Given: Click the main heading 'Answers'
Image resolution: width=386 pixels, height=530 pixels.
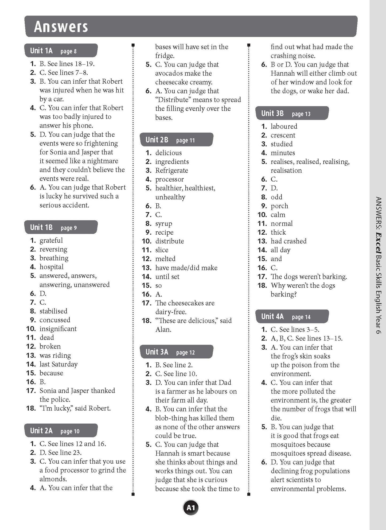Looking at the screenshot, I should pos(61,27).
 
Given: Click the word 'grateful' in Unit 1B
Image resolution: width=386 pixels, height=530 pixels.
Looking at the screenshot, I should pos(51,240).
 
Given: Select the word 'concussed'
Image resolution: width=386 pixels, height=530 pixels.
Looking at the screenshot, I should pos(55,320).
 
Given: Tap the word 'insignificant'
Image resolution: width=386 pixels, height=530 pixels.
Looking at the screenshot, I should pos(58,328).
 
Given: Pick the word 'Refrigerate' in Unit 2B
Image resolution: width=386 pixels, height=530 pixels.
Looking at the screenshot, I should pos(171,170).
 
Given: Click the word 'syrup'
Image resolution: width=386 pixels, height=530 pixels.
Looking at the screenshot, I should pos(163,223).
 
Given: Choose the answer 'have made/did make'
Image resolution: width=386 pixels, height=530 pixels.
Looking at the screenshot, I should pos(186,268).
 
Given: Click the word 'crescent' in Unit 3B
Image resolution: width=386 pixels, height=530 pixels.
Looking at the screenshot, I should pos(283,135).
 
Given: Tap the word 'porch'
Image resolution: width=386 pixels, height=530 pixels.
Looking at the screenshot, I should pos(279,206).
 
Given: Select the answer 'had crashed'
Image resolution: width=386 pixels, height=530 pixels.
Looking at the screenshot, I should pos(288,241).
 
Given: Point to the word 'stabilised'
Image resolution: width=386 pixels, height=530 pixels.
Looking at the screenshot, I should pos(53,311).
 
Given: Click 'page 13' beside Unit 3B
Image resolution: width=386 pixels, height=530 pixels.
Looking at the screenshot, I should pos(301,114).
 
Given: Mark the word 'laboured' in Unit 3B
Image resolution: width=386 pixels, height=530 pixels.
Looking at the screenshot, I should pos(284,126).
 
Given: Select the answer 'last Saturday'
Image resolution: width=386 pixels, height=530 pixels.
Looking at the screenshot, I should pos(59,364).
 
